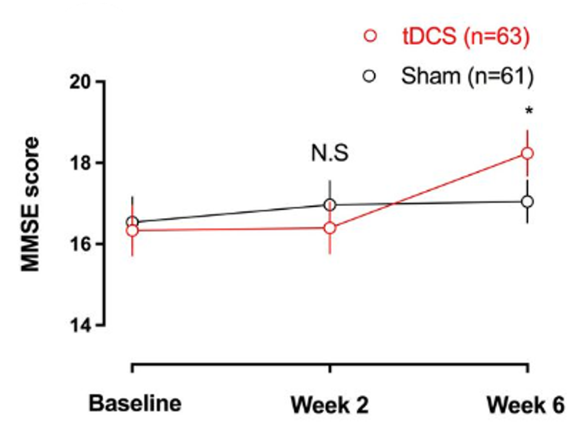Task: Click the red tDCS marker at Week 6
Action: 527,153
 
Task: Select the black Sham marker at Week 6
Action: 527,201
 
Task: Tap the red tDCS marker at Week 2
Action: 330,228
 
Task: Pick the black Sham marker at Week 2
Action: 330,205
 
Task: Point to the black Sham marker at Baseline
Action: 132,222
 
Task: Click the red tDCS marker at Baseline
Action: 132,231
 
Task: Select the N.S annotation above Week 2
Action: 330,153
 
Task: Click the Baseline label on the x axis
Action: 135,403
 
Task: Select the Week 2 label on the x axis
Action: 330,405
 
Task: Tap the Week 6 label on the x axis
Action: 526,405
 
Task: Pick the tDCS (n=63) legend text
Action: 466,38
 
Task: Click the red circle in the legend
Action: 371,38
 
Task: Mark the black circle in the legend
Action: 371,76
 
